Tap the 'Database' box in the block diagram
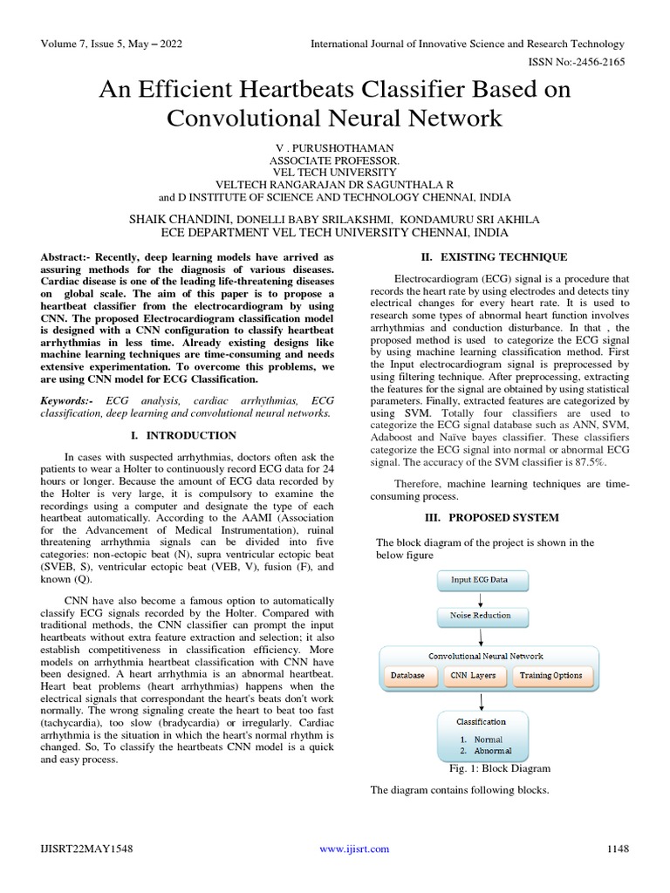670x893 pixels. [x=407, y=675]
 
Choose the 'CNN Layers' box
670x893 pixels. [x=473, y=675]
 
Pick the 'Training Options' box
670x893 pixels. [x=550, y=675]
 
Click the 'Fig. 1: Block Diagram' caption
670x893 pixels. [x=499, y=768]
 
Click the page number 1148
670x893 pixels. [x=618, y=849]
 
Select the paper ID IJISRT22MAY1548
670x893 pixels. [x=84, y=849]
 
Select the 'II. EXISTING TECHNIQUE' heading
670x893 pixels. [x=494, y=257]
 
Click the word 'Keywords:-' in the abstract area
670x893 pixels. [x=69, y=399]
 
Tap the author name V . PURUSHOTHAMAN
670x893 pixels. [x=335, y=148]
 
